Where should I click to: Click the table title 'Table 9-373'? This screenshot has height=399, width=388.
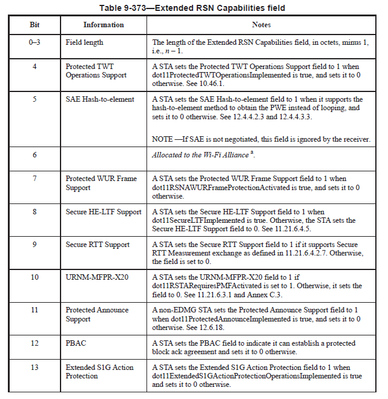tap(194, 8)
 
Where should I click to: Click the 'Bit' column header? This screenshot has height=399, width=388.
tap(35, 25)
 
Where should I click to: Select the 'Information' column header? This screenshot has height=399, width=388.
tap(104, 25)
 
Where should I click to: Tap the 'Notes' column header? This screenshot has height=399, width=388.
tap(261, 25)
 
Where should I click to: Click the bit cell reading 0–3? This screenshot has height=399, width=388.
tap(35, 42)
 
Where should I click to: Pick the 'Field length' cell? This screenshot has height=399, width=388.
tap(84, 42)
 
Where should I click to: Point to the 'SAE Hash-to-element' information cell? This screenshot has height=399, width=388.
tap(100, 99)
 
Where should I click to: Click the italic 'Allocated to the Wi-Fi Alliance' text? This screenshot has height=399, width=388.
tap(199, 155)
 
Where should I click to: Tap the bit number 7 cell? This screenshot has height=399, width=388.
tap(35, 179)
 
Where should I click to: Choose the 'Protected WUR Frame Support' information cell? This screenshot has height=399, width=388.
tap(101, 183)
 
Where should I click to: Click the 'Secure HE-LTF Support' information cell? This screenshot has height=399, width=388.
tap(104, 212)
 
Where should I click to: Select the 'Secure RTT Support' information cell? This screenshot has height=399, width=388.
tap(97, 245)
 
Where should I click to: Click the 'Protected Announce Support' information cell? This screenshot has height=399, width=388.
tap(97, 314)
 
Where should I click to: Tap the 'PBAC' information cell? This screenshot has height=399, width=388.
tap(76, 343)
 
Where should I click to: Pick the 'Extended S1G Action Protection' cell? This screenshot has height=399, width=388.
tap(97, 372)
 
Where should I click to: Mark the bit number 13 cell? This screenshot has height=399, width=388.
tap(35, 368)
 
